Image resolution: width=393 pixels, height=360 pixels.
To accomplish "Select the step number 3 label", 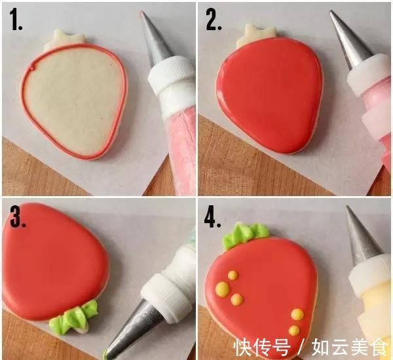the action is pyautogui.click(x=18, y=218).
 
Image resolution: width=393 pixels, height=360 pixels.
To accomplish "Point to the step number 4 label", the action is pyautogui.click(x=212, y=218).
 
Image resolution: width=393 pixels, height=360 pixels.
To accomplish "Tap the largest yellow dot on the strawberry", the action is pyautogui.click(x=223, y=289).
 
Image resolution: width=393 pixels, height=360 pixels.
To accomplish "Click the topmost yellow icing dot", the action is pyautogui.click(x=233, y=275).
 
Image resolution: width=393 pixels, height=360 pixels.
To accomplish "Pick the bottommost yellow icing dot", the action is pyautogui.click(x=294, y=330).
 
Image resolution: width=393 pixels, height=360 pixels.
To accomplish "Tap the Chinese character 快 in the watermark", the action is pyautogui.click(x=242, y=347).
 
